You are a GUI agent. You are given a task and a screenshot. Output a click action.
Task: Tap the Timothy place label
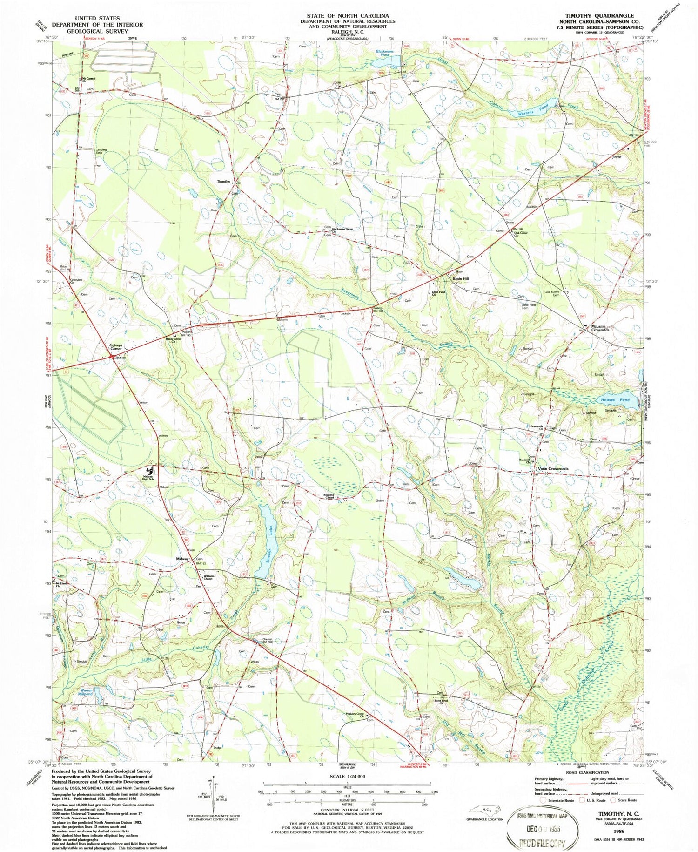(223, 181)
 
